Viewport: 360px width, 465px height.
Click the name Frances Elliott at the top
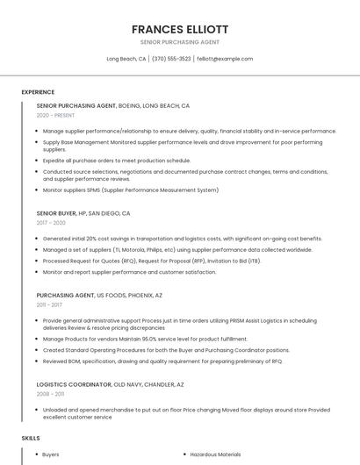[179, 29]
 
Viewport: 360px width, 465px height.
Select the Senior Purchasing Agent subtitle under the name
[179, 42]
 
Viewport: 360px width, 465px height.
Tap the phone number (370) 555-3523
[171, 59]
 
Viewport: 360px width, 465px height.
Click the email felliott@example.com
[225, 59]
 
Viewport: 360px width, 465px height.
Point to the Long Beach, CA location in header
[126, 59]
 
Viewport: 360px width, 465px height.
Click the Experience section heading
[38, 92]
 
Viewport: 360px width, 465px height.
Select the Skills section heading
[31, 437]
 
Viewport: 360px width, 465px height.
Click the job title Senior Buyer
[57, 213]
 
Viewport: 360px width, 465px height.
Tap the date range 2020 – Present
[55, 115]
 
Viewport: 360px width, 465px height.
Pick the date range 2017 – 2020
[51, 223]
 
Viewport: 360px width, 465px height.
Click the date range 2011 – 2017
[49, 304]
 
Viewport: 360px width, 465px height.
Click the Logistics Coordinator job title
[74, 384]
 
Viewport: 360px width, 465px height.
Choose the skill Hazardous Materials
[215, 454]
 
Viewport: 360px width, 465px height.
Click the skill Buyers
[51, 454]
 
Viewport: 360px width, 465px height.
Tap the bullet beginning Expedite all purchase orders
[117, 161]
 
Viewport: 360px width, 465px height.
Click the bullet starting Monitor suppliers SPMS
[131, 190]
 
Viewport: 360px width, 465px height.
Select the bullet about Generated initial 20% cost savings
[183, 239]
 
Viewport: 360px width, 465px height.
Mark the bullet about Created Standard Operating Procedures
[166, 349]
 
